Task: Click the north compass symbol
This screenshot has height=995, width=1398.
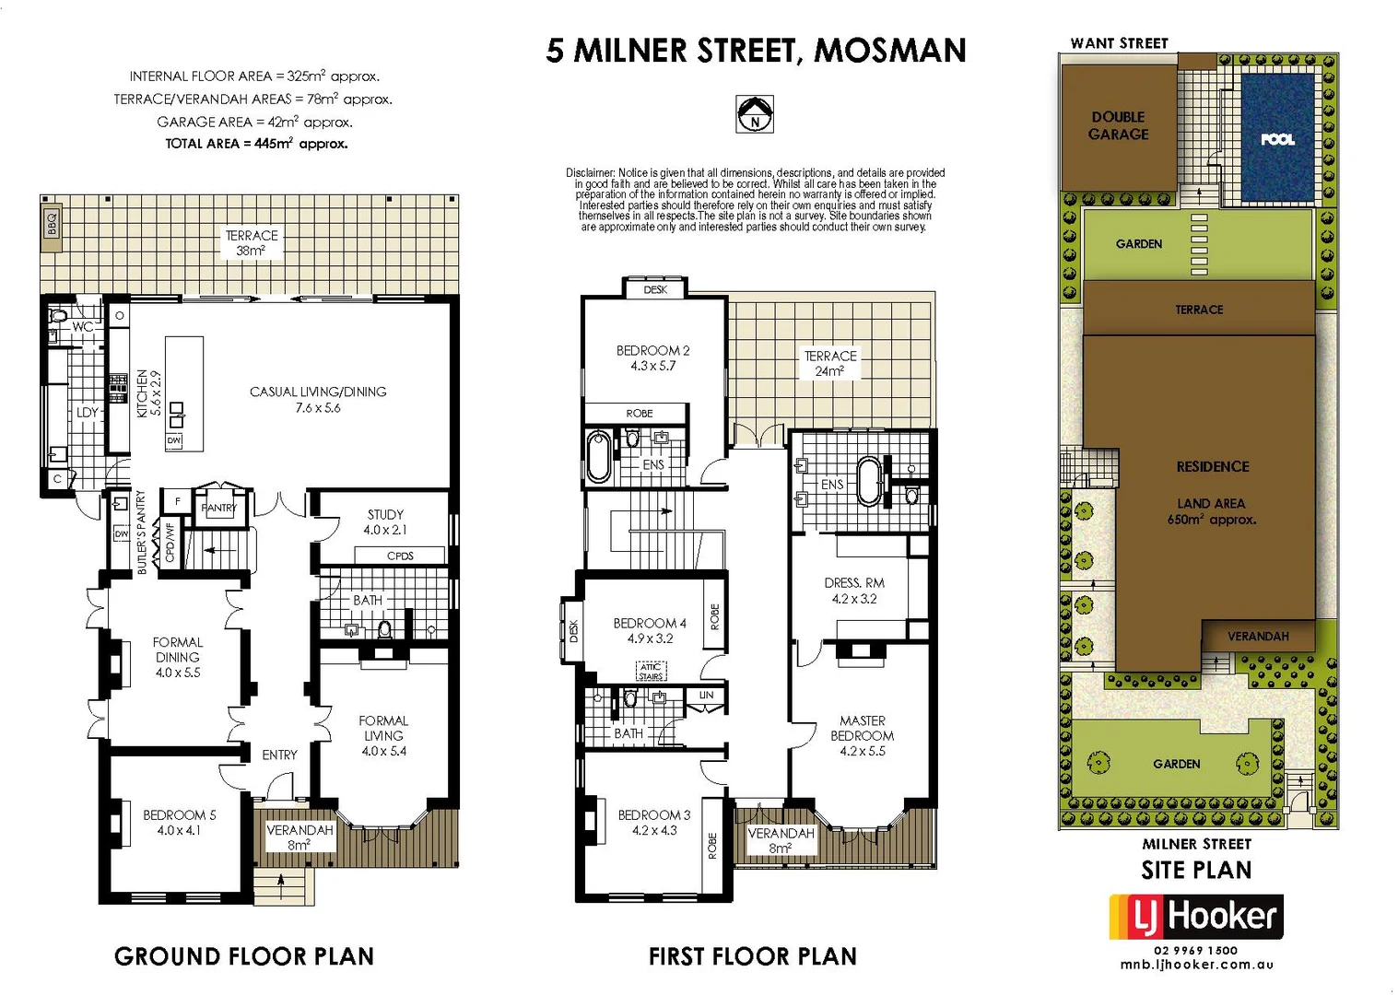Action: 755,114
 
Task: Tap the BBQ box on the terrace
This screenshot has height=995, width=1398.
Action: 53,223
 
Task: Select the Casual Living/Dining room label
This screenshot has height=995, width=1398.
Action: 318,399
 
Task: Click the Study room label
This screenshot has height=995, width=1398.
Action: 385,522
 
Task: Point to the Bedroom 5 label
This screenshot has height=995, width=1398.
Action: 179,822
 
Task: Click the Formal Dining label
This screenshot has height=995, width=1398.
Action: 178,657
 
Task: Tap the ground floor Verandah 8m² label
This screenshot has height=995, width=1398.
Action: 300,837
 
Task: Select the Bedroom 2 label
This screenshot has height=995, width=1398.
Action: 652,357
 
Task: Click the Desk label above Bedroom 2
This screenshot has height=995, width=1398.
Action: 655,289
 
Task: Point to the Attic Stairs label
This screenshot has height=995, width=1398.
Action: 651,672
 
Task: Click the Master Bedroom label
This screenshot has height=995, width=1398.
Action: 862,735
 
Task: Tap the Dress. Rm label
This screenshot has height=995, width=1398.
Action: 854,591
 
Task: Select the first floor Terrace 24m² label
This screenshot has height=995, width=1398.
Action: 830,363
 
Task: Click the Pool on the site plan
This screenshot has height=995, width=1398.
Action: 1277,138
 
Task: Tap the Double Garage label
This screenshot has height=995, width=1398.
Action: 1118,125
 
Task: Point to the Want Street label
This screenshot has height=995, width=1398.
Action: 1119,43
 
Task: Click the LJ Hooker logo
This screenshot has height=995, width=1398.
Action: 1196,917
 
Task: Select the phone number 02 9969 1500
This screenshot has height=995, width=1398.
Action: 1196,950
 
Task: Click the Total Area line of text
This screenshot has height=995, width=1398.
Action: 256,144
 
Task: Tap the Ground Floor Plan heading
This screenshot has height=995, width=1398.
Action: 244,956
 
